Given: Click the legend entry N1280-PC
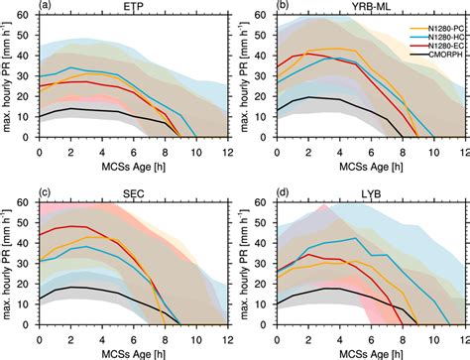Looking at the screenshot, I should tap(434, 30).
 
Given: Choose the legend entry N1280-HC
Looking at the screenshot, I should tap(434, 42).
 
